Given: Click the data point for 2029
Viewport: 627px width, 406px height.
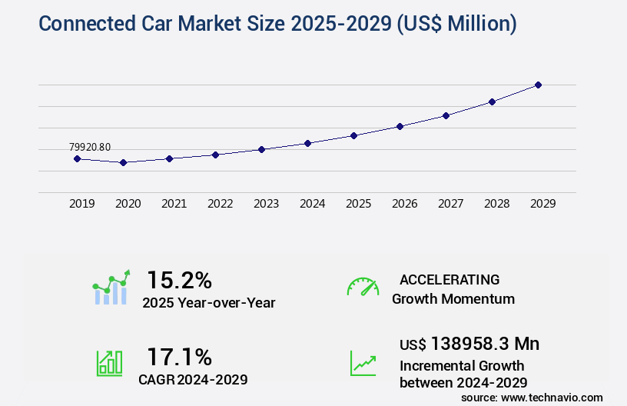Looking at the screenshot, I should pyautogui.click(x=538, y=85).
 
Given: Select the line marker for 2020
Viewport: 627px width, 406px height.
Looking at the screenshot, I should pyautogui.click(x=123, y=162).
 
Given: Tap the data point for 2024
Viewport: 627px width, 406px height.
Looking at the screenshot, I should pyautogui.click(x=307, y=143).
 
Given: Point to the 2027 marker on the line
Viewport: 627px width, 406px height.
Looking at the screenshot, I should pyautogui.click(x=446, y=115).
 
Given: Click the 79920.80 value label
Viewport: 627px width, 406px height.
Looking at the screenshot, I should pyautogui.click(x=89, y=147).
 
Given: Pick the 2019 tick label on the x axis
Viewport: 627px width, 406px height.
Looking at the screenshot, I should pyautogui.click(x=81, y=204).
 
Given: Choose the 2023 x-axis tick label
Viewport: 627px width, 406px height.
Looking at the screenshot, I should pyautogui.click(x=266, y=204).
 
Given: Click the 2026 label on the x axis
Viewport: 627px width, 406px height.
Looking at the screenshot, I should pyautogui.click(x=404, y=204).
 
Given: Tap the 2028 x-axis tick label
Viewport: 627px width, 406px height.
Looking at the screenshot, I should pyautogui.click(x=496, y=204).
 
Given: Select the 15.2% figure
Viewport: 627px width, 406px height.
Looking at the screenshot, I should pyautogui.click(x=179, y=280).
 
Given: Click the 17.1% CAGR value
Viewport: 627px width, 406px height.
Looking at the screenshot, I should pyautogui.click(x=179, y=357).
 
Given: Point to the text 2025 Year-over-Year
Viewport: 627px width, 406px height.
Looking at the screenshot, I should pyautogui.click(x=208, y=303).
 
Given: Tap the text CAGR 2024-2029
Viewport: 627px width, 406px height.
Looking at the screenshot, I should pyautogui.click(x=193, y=379).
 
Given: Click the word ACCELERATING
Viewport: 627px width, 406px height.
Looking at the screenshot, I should pyautogui.click(x=450, y=279).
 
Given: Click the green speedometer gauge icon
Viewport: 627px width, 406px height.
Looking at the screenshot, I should pyautogui.click(x=363, y=287).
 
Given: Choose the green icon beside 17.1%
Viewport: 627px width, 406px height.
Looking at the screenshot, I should pyautogui.click(x=109, y=362).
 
